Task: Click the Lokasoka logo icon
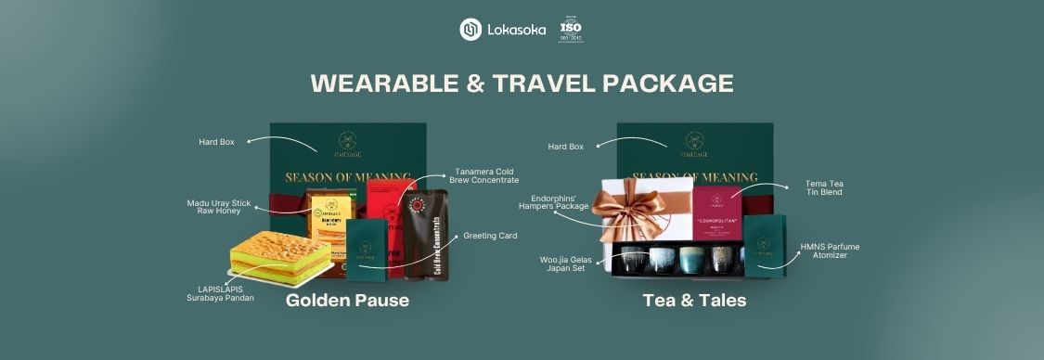pyautogui.click(x=470, y=30)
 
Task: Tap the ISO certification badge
pyautogui.click(x=571, y=30)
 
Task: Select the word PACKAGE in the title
pyautogui.click(x=668, y=83)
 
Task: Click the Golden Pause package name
pyautogui.click(x=347, y=301)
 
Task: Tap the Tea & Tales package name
pyautogui.click(x=694, y=301)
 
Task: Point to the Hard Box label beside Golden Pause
pyautogui.click(x=216, y=142)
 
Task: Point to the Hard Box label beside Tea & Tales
pyautogui.click(x=565, y=147)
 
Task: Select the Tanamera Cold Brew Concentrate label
pyautogui.click(x=486, y=175)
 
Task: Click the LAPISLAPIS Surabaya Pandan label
pyautogui.click(x=219, y=293)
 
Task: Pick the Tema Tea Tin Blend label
pyautogui.click(x=824, y=188)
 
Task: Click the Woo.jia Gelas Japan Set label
pyautogui.click(x=567, y=264)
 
